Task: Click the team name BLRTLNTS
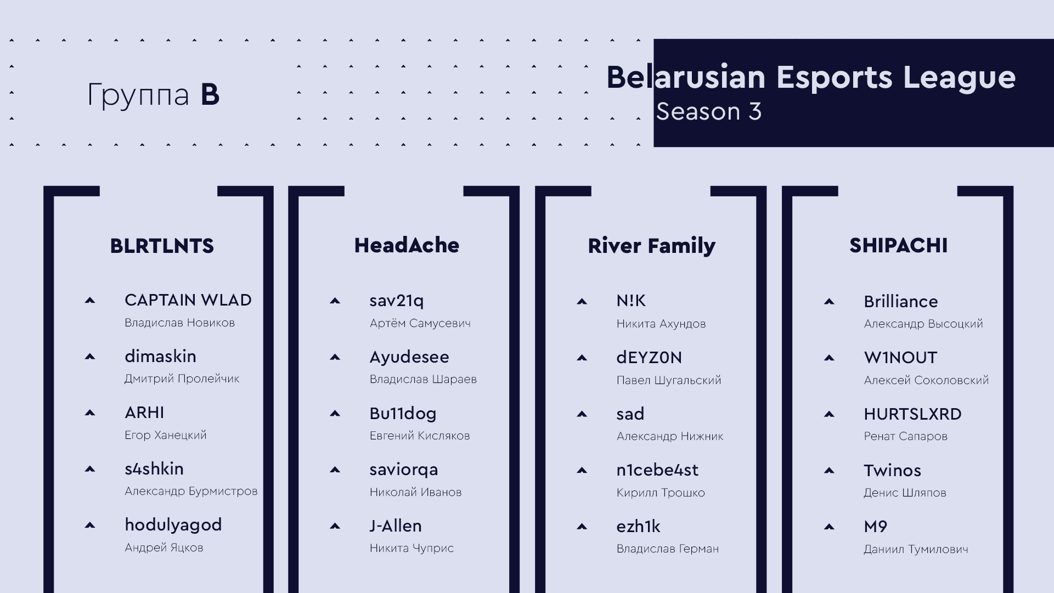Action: pyautogui.click(x=162, y=246)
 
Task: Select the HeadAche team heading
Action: pyautogui.click(x=407, y=245)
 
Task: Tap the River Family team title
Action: pyautogui.click(x=651, y=246)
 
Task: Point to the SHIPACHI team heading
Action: pyautogui.click(x=898, y=245)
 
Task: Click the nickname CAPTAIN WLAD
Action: pyautogui.click(x=188, y=300)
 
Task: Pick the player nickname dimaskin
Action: pyautogui.click(x=160, y=356)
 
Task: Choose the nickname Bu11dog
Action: pyautogui.click(x=403, y=413)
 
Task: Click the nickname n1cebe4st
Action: pyautogui.click(x=657, y=470)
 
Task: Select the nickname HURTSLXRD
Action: pyautogui.click(x=912, y=414)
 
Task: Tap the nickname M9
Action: pyautogui.click(x=875, y=527)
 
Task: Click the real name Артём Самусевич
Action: pyautogui.click(x=420, y=323)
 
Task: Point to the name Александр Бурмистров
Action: pyautogui.click(x=191, y=491)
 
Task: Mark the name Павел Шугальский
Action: pyautogui.click(x=669, y=380)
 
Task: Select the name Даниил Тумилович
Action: pyautogui.click(x=916, y=549)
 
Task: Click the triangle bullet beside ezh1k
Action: pyautogui.click(x=582, y=527)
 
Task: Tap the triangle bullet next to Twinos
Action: pyautogui.click(x=829, y=470)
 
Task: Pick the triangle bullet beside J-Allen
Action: pyautogui.click(x=335, y=526)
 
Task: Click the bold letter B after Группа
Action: pyautogui.click(x=210, y=94)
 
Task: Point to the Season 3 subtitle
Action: pyautogui.click(x=708, y=111)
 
